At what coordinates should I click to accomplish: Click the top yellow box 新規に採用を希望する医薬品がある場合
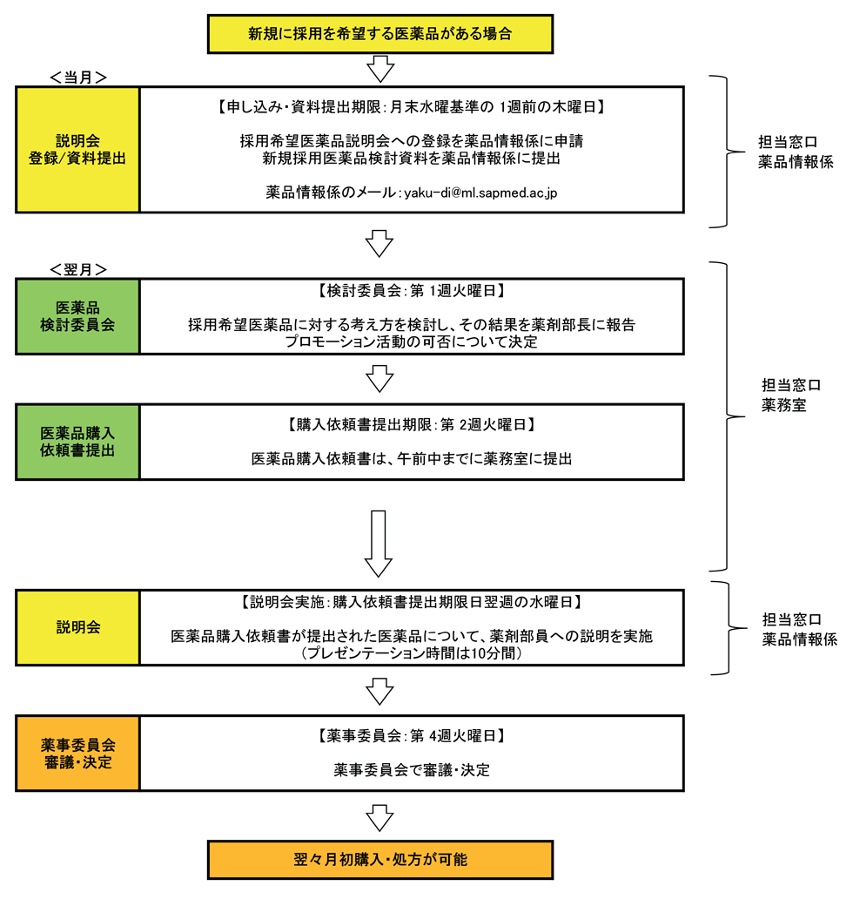click(x=379, y=34)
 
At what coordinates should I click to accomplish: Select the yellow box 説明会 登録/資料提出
click(x=77, y=149)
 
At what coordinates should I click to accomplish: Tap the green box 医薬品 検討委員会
click(x=77, y=316)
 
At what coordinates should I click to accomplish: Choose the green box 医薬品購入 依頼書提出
click(x=77, y=442)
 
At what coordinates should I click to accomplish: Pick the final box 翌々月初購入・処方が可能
click(x=380, y=860)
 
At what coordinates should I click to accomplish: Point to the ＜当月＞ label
click(x=78, y=78)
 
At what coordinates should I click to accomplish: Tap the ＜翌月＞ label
click(x=78, y=268)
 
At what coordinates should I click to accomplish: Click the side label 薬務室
click(x=782, y=405)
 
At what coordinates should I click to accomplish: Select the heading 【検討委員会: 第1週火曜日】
click(x=412, y=290)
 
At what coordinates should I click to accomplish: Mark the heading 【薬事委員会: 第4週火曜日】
click(x=412, y=735)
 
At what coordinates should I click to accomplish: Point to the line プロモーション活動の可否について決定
click(x=412, y=341)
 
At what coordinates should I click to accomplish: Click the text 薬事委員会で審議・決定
click(x=412, y=770)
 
